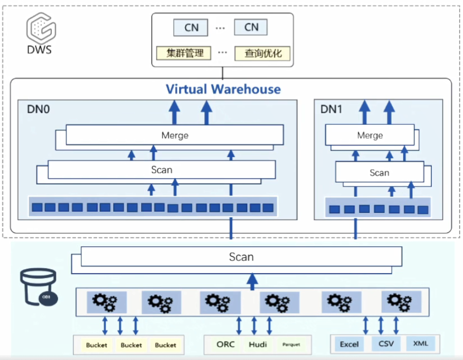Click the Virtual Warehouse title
(223, 89)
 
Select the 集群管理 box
(184, 53)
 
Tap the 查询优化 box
(262, 53)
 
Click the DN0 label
(38, 109)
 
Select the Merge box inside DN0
(174, 135)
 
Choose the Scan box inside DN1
(379, 173)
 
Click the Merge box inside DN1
(370, 135)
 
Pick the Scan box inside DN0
(162, 169)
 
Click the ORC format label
(226, 344)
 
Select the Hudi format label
(258, 344)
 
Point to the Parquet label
(291, 345)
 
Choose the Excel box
(349, 344)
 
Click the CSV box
(385, 344)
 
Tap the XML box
(421, 344)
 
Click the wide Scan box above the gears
(242, 257)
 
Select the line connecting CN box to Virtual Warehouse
(223, 72)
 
